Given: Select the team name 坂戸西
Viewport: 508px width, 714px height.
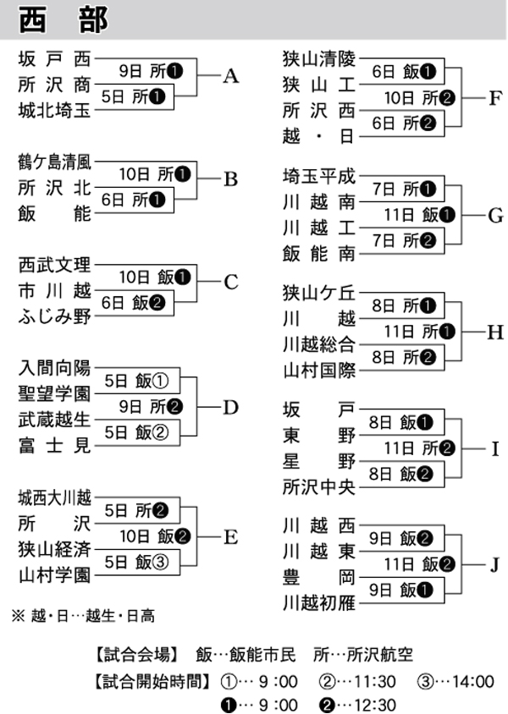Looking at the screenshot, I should (x=53, y=59).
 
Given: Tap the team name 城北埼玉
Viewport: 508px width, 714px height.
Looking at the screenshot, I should (x=53, y=110).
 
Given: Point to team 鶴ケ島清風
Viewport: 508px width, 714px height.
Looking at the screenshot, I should (x=53, y=163).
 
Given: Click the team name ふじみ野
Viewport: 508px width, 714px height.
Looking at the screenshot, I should (x=53, y=316).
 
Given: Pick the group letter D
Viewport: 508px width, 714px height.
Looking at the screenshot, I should (x=231, y=407).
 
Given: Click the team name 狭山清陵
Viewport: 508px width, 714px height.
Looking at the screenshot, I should (x=319, y=59).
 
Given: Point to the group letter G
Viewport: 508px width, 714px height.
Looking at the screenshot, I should (x=495, y=215).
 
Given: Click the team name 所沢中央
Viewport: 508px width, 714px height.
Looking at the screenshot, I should (x=319, y=486).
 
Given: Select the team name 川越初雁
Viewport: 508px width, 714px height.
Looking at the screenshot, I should (x=319, y=602).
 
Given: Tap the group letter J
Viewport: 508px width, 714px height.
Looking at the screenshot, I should (x=495, y=563).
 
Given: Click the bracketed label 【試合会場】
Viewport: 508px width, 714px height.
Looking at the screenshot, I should (x=136, y=656).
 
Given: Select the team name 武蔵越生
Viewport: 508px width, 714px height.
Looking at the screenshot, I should (x=53, y=419).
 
